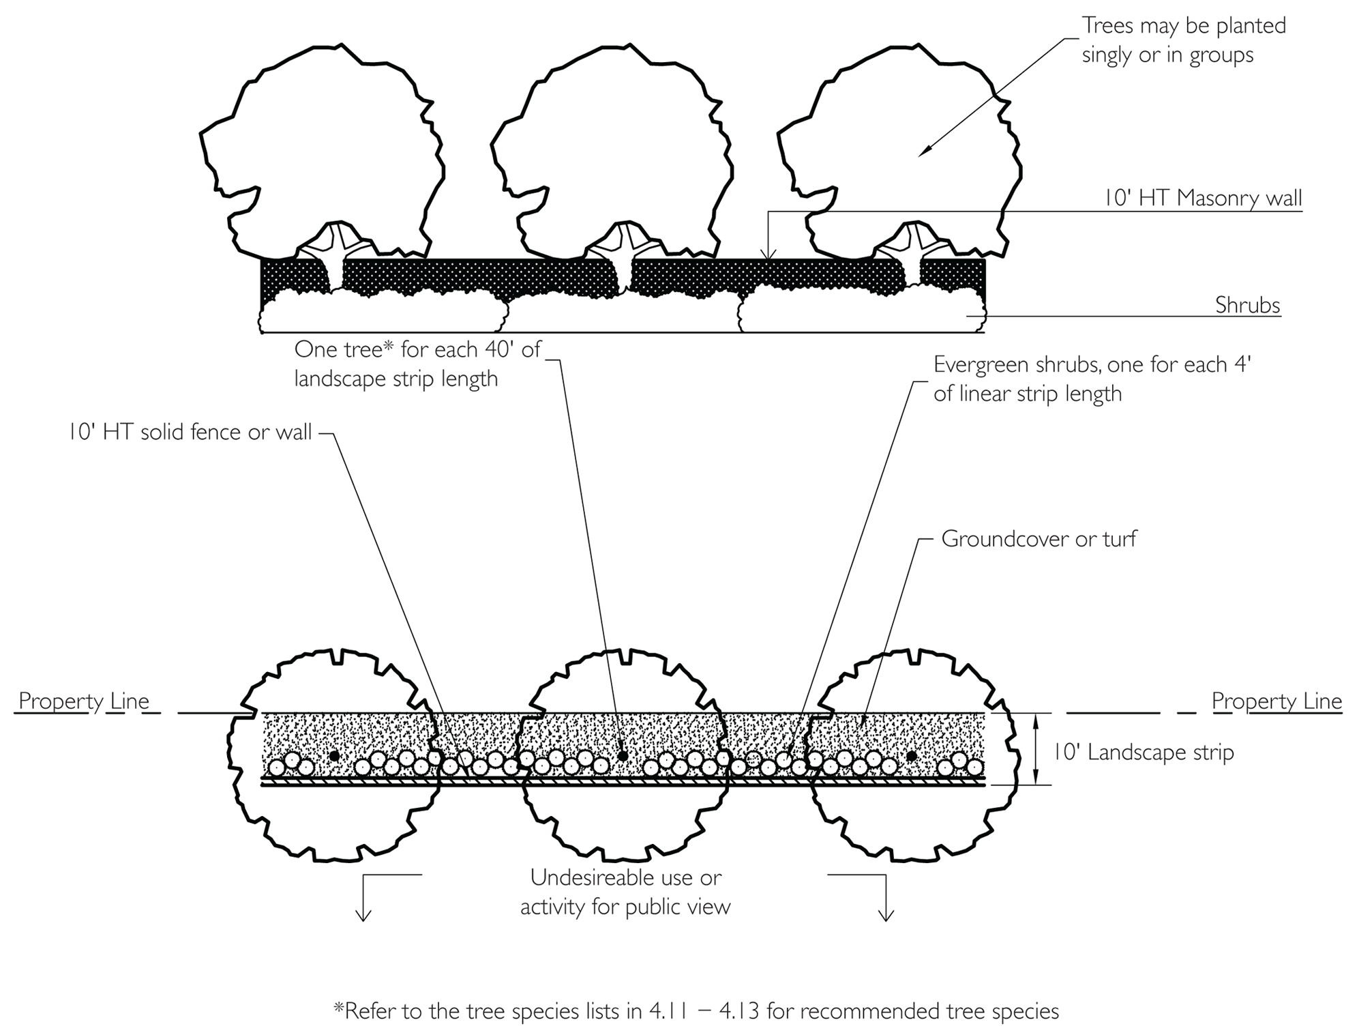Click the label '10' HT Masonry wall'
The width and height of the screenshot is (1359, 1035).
[1203, 198]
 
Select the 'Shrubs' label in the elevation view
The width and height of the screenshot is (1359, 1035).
[1247, 305]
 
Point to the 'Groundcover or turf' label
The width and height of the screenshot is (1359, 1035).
[1039, 539]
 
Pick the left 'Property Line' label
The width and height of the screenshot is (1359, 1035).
[83, 701]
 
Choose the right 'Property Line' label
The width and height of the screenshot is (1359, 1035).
[1276, 701]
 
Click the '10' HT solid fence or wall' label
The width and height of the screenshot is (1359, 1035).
[190, 432]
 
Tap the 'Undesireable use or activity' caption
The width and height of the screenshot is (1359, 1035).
[625, 892]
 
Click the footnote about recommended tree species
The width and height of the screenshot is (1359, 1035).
[696, 1010]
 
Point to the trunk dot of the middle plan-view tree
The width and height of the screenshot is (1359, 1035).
[623, 756]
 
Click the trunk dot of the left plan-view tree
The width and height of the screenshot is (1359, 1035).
[334, 756]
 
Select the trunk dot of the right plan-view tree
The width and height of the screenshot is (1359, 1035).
[911, 756]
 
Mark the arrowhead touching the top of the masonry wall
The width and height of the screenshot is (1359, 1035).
[768, 256]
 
